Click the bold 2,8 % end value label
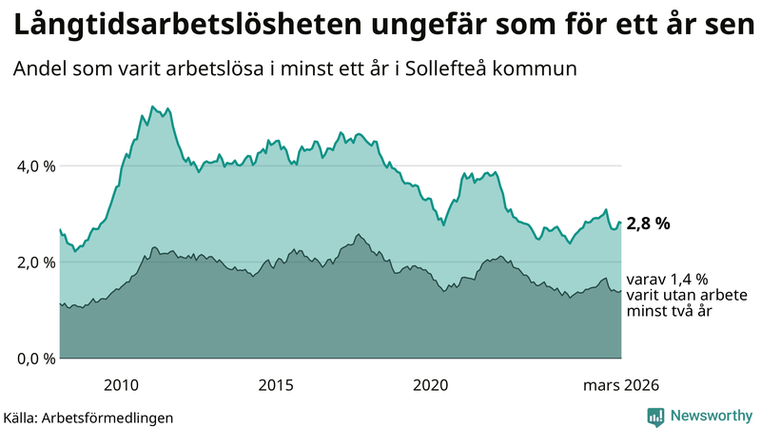(649, 224)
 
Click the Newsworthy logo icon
(655, 416)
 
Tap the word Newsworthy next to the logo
(710, 416)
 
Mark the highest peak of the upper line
(152, 107)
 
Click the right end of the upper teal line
(620, 223)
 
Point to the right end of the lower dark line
(620, 291)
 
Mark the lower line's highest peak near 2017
(358, 234)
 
